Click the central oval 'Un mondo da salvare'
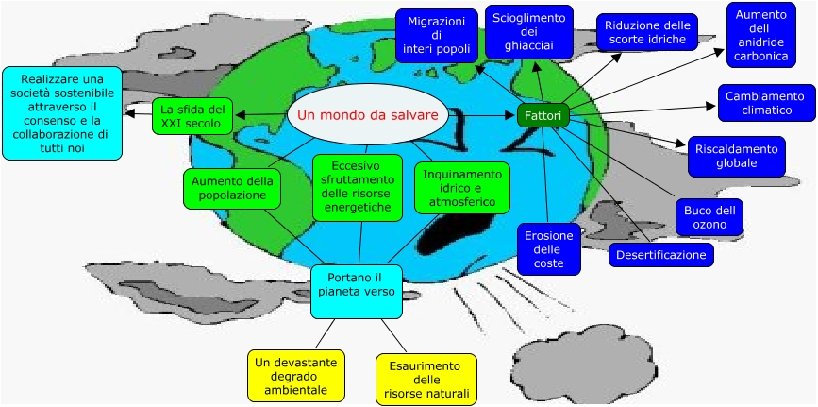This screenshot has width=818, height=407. tap(367, 115)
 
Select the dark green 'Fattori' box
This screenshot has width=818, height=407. tap(543, 115)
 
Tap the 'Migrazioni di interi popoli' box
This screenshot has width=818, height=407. tap(435, 35)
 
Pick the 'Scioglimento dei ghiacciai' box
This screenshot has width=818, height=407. tap(529, 31)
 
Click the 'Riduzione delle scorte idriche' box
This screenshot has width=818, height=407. tap(647, 32)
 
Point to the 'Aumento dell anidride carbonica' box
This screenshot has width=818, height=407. tap(760, 35)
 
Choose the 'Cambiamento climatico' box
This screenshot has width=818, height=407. tap(765, 103)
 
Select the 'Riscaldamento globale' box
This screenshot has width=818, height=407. tap(737, 156)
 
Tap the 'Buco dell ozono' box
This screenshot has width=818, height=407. tap(709, 217)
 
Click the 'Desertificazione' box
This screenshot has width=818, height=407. tap(660, 255)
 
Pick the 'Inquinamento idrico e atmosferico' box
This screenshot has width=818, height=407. tap(461, 188)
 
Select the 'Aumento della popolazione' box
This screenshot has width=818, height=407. tap(231, 188)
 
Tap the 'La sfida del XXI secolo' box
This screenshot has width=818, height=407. tap(192, 115)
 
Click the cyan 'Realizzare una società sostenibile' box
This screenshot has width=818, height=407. tap(62, 112)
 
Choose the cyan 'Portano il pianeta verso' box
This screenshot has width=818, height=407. tap(356, 291)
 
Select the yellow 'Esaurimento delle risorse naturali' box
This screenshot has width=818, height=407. tap(425, 379)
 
